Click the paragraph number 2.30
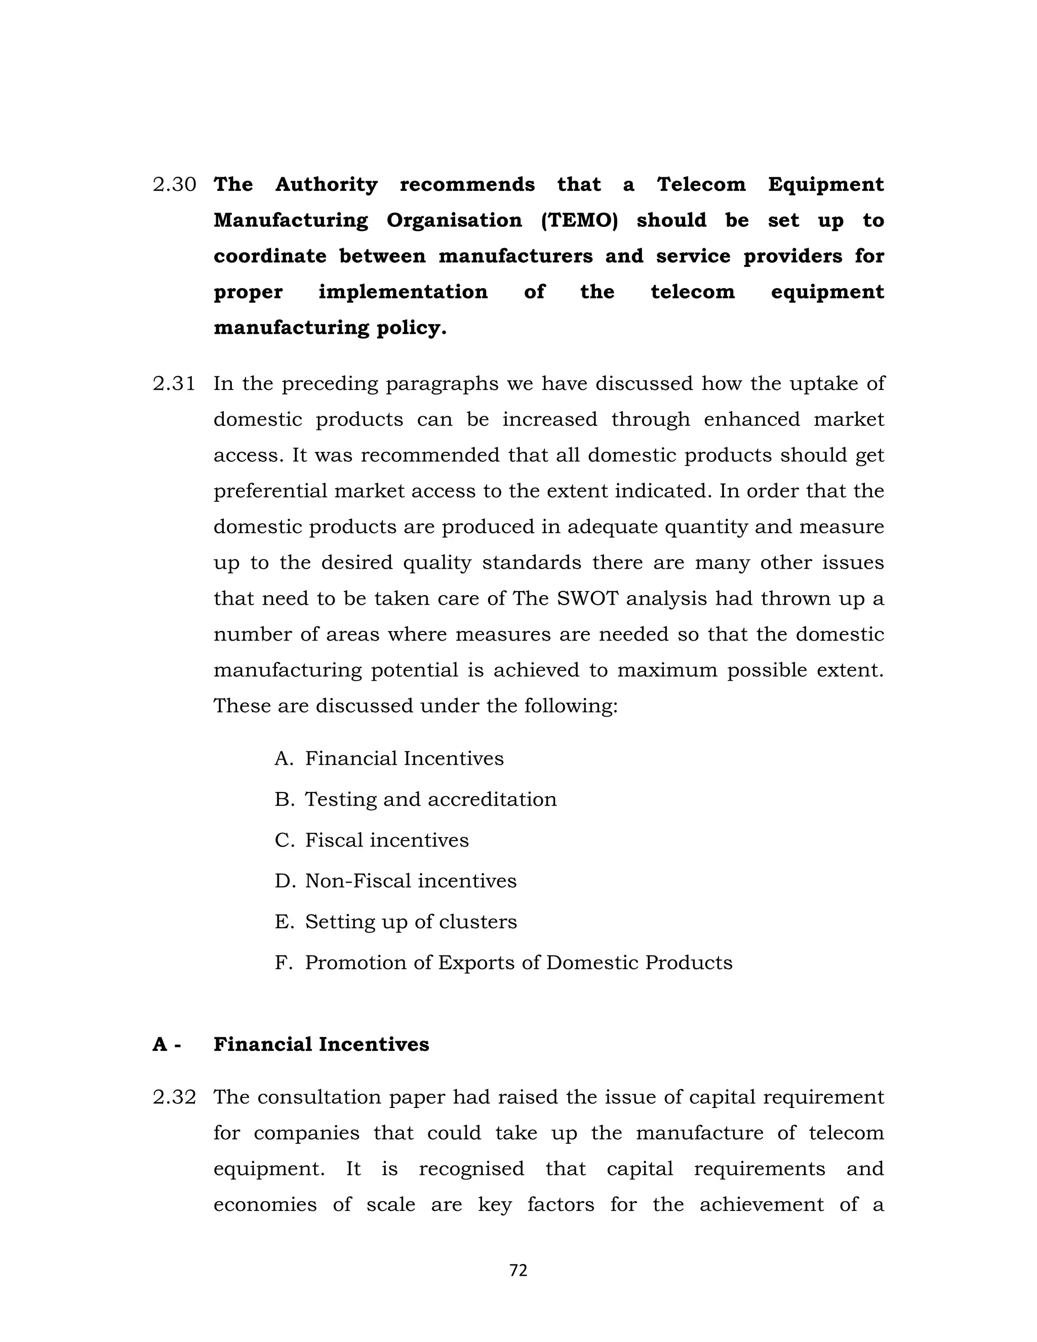click(174, 184)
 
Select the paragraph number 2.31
click(174, 384)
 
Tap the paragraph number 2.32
click(174, 1097)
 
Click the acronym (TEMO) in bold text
click(579, 220)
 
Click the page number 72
click(518, 1270)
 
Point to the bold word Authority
click(326, 184)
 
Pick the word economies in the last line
click(265, 1204)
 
